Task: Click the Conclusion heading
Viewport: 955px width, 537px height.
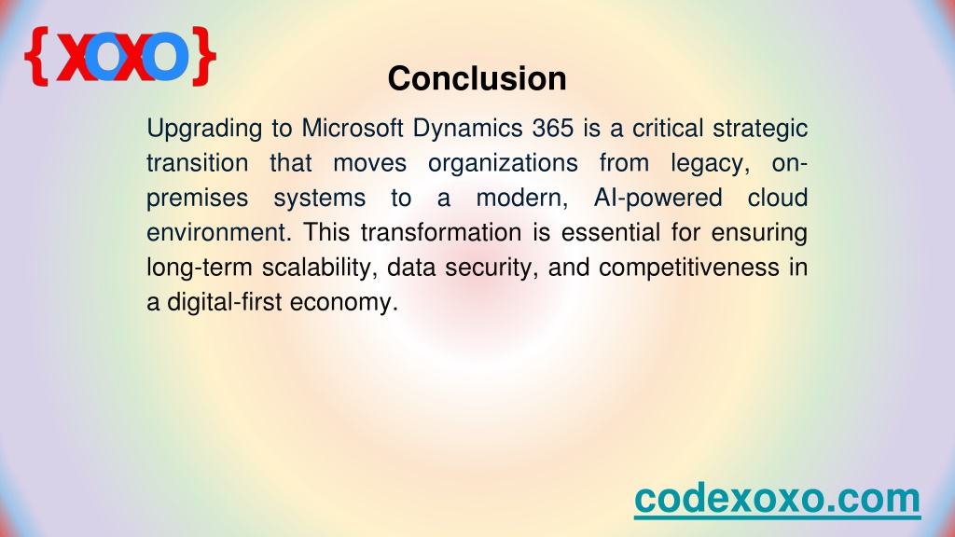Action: pos(477,78)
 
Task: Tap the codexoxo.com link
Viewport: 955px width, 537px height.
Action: pos(777,499)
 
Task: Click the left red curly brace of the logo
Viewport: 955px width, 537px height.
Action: pos(36,56)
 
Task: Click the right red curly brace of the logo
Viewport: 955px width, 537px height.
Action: pos(203,56)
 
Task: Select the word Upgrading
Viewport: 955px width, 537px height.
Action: pos(204,129)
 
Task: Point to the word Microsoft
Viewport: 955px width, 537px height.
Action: pos(353,128)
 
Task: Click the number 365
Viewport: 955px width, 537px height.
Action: pos(553,128)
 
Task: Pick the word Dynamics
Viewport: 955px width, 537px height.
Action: pos(468,129)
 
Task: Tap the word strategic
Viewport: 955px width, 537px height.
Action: pos(760,129)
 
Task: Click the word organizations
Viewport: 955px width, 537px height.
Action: pos(503,164)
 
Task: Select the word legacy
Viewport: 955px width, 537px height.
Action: pos(710,164)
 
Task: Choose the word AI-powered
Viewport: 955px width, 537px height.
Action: pos(658,199)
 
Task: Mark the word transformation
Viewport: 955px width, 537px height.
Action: pos(441,232)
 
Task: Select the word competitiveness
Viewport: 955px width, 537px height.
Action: pos(689,268)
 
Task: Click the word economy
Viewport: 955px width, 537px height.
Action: pos(344,303)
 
